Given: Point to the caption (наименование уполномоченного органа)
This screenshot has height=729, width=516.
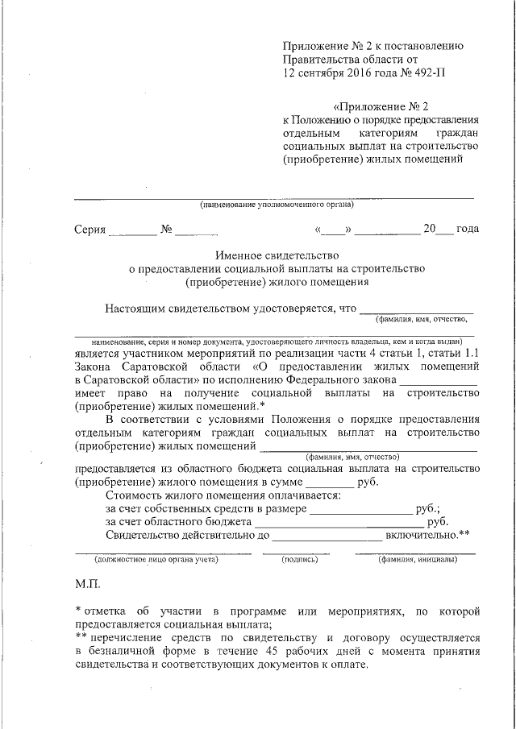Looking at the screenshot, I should click(277, 205).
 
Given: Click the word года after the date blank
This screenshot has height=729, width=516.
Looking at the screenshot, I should click(468, 230).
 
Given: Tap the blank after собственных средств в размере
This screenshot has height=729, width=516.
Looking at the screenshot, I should click(360, 512).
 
